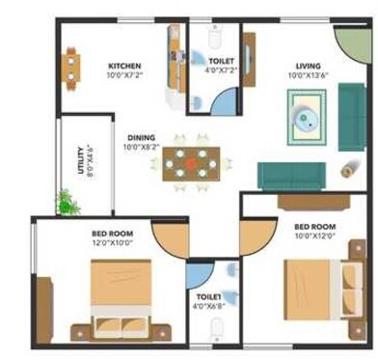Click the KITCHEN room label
click(x=125, y=65)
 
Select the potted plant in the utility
click(x=66, y=201)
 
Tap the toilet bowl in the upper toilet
click(x=215, y=40)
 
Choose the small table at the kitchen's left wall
click(x=72, y=65)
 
